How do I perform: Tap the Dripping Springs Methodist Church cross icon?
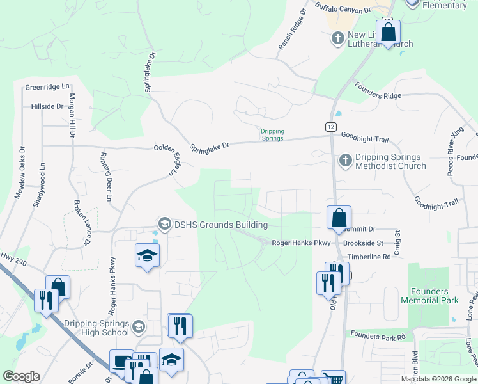tap(345, 160)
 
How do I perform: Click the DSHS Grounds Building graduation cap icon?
tap(164, 223)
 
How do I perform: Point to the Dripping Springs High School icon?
tap(138, 328)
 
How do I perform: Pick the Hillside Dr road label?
tap(47, 107)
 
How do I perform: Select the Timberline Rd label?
tap(369, 257)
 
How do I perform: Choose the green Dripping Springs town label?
tap(272, 135)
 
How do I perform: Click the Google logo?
tap(21, 376)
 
